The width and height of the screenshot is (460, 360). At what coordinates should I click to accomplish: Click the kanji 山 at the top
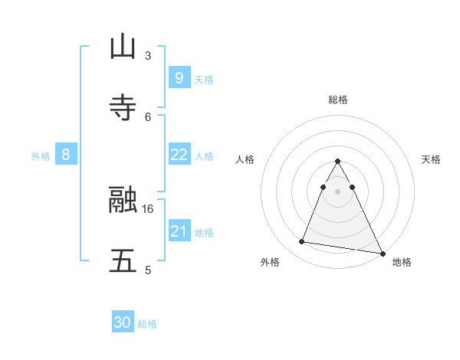(x=123, y=47)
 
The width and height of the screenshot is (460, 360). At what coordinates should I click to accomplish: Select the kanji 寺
(x=123, y=108)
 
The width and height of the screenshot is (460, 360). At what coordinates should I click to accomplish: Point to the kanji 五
(x=123, y=261)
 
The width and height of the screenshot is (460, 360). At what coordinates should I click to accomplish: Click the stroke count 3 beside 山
(x=147, y=55)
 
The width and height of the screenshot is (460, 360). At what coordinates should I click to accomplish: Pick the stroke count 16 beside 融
(x=148, y=208)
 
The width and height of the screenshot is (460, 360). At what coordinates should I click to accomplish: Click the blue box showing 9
(x=179, y=77)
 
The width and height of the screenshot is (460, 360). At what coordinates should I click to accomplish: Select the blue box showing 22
(x=179, y=155)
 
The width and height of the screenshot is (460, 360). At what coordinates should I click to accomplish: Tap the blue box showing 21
(x=179, y=231)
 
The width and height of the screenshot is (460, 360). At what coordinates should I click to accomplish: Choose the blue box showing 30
(x=122, y=322)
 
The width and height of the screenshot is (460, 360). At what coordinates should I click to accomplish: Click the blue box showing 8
(x=66, y=155)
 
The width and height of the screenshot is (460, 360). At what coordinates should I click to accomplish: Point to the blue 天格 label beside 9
(x=204, y=79)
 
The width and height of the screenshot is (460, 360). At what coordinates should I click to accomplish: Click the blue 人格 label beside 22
(x=204, y=155)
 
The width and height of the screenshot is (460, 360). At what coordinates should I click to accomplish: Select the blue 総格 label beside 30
(x=147, y=324)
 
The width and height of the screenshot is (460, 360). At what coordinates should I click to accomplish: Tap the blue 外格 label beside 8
(x=41, y=155)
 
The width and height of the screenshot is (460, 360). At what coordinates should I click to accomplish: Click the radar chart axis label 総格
(x=337, y=100)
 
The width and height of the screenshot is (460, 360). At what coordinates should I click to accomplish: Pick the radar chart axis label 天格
(x=431, y=159)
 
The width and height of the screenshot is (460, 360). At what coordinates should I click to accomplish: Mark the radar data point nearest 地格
(x=382, y=254)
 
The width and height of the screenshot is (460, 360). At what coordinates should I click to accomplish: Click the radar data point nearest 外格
(x=302, y=242)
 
